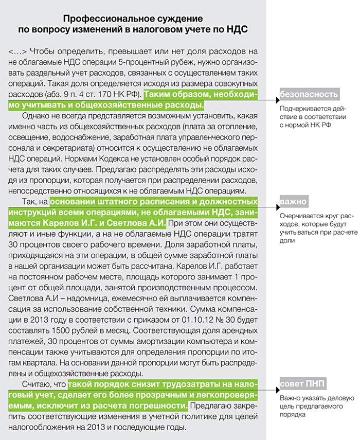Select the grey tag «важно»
point(294,201)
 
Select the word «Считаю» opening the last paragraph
point(37,384)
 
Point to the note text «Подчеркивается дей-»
point(310,109)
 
